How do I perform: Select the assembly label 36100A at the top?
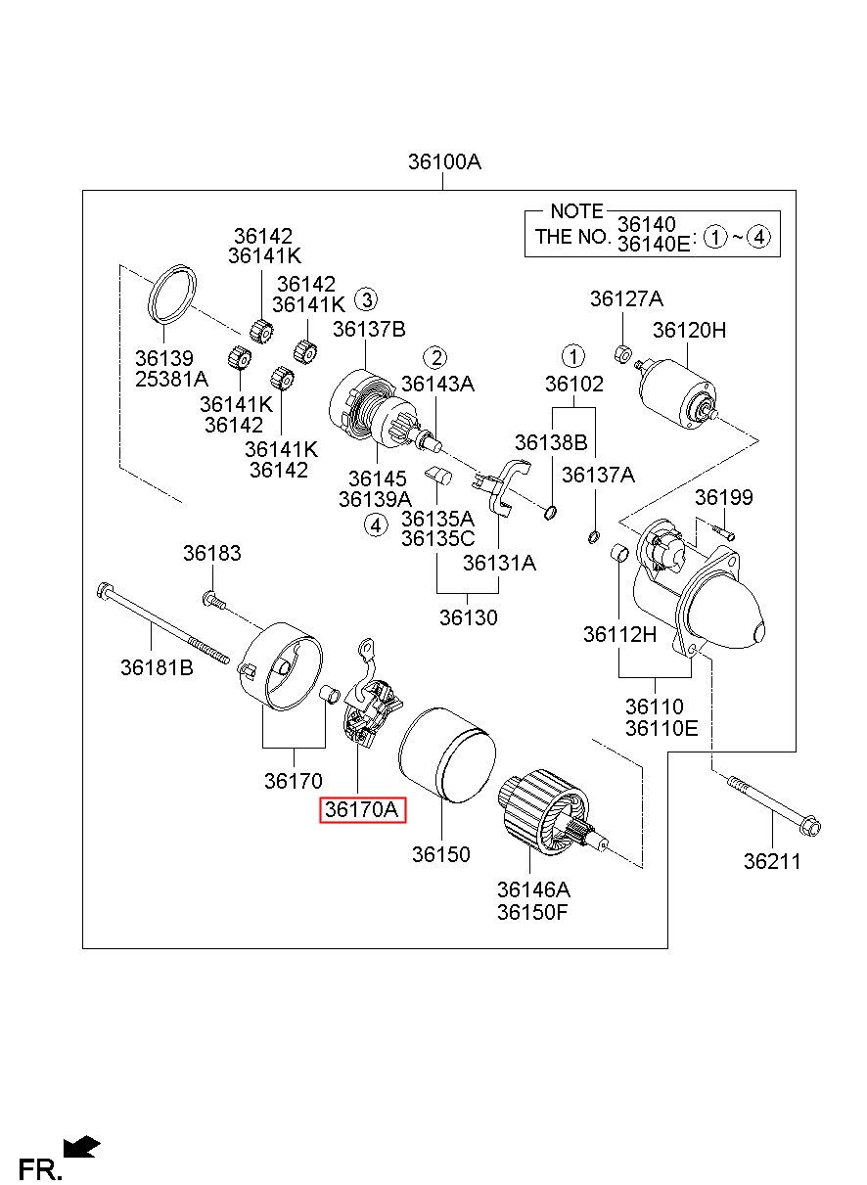click(x=444, y=161)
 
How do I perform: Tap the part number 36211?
click(x=772, y=861)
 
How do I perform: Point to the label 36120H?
click(x=689, y=330)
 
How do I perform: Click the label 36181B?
click(x=157, y=667)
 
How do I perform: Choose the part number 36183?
click(x=212, y=553)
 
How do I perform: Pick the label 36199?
click(x=723, y=497)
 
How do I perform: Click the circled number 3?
click(x=366, y=300)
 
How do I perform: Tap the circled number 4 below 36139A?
click(x=376, y=525)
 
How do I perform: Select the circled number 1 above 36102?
click(x=572, y=356)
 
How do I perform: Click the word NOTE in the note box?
click(x=576, y=211)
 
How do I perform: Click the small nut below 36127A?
click(x=623, y=353)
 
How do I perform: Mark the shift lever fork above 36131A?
click(x=500, y=486)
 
